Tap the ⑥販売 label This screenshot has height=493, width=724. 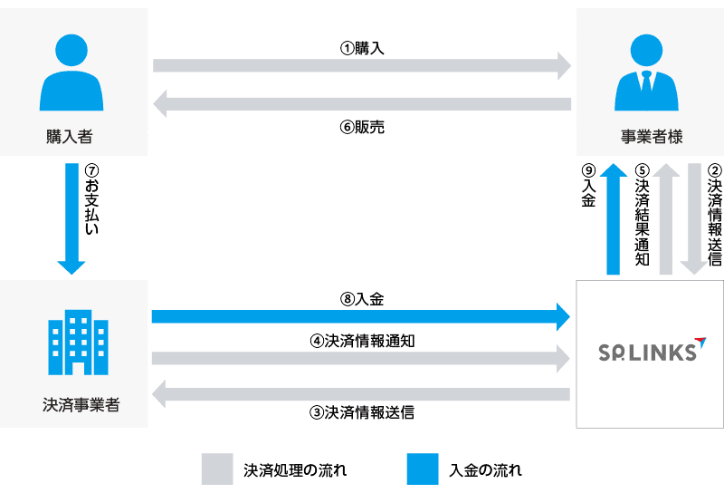tap(362, 128)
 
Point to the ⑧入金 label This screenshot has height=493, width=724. tap(362, 297)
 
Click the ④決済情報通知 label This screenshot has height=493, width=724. tap(362, 342)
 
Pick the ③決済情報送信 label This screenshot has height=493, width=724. tap(362, 411)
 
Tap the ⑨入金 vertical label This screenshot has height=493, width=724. tap(588, 188)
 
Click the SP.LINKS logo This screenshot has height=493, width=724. tap(650, 351)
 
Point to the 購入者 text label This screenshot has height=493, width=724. tap(70, 138)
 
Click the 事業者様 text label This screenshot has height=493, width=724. tap(651, 138)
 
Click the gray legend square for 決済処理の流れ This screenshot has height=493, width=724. tap(217, 469)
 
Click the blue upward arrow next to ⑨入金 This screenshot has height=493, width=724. tap(613, 217)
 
